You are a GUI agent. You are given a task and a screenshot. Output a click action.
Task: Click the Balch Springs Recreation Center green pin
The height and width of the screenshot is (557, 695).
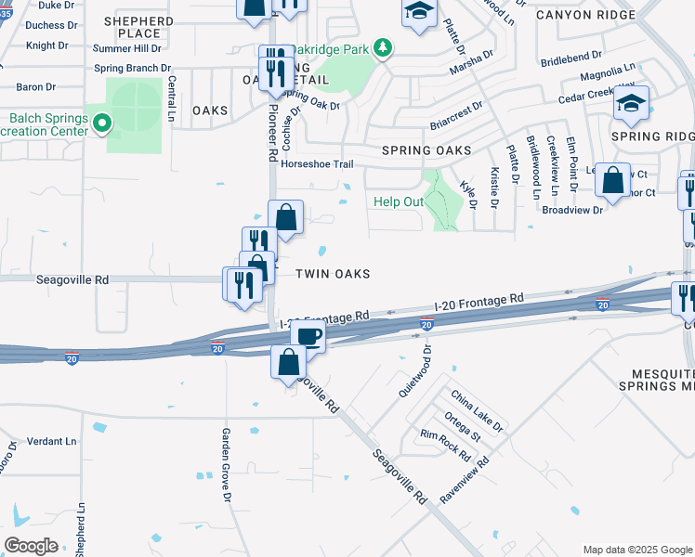pos(103,122)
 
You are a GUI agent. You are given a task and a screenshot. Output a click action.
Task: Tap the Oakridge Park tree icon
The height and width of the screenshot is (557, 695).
pos(381,48)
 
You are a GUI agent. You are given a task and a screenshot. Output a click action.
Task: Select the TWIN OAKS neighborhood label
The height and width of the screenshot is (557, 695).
pos(333,274)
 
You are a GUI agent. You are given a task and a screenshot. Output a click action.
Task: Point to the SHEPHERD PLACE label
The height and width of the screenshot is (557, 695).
pos(138,27)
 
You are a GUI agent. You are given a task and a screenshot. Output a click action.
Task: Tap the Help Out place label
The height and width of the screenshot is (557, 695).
pos(399,201)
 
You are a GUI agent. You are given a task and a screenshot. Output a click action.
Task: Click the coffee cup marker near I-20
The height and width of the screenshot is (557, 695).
pos(308,336)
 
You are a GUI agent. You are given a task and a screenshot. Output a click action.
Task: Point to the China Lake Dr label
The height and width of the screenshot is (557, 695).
pos(477,411)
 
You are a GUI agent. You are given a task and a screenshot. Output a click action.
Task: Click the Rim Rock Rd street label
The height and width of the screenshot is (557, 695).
pos(445,446)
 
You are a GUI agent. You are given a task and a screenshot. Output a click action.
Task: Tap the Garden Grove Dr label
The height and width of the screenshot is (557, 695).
pos(226,464)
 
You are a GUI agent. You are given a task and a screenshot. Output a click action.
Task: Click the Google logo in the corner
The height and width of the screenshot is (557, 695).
pos(31,546)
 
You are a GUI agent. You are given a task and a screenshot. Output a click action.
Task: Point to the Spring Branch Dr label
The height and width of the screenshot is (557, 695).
pos(133,69)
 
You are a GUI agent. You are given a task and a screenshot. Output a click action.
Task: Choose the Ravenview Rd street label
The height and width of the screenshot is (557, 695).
pos(464,480)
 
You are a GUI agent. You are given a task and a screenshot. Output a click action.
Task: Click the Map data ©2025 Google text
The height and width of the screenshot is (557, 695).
pos(637,550)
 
